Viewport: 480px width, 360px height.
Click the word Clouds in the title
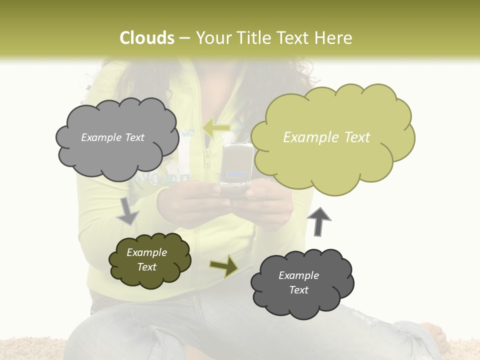pyautogui.click(x=147, y=38)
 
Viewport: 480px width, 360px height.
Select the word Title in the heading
pyautogui.click(x=252, y=38)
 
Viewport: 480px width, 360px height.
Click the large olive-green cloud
pyautogui.click(x=332, y=137)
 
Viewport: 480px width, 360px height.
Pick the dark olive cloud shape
pyautogui.click(x=149, y=260)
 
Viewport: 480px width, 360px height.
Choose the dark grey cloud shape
pyautogui.click(x=302, y=283)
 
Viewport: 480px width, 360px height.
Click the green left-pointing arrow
pyautogui.click(x=216, y=128)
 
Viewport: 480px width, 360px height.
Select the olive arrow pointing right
pyautogui.click(x=224, y=265)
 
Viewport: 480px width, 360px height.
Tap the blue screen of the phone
pyautogui.click(x=236, y=175)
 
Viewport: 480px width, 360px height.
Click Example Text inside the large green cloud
pyautogui.click(x=326, y=137)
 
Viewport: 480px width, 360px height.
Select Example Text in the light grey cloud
pyautogui.click(x=112, y=137)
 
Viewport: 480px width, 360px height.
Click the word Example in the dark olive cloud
pyautogui.click(x=146, y=252)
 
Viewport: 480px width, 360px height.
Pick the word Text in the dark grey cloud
pyautogui.click(x=298, y=290)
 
